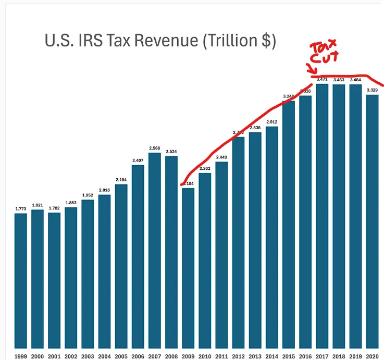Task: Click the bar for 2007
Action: pyautogui.click(x=155, y=250)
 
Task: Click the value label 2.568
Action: pyautogui.click(x=155, y=148)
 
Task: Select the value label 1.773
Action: pyautogui.click(x=21, y=209)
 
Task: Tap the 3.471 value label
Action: pyautogui.click(x=322, y=79)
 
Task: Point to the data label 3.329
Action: pyautogui.click(x=372, y=90)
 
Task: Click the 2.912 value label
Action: pyautogui.click(x=272, y=122)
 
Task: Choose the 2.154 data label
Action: pyautogui.click(x=121, y=180)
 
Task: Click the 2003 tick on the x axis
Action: pyautogui.click(x=88, y=356)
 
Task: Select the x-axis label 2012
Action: pyautogui.click(x=238, y=356)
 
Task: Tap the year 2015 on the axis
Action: pyautogui.click(x=289, y=356)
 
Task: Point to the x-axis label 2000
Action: pyautogui.click(x=38, y=356)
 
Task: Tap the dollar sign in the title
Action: pyautogui.click(x=266, y=41)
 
